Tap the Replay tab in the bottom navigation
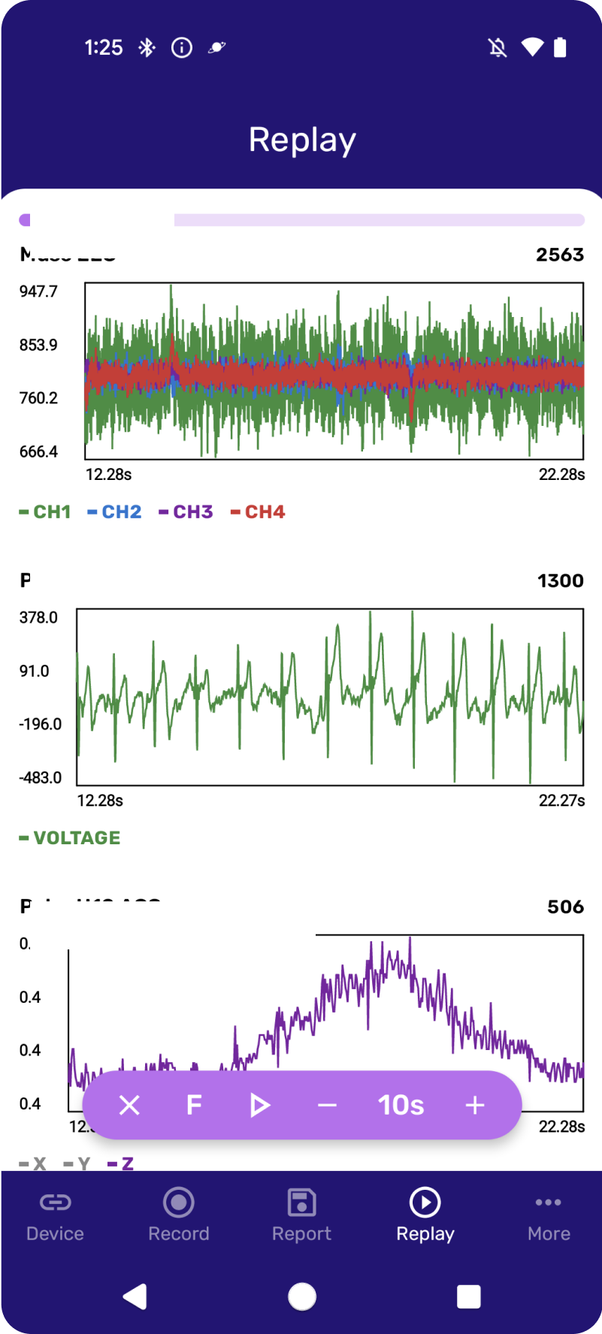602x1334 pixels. (425, 1215)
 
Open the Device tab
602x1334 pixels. (55, 1215)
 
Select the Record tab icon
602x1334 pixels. (179, 1203)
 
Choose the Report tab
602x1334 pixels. (301, 1215)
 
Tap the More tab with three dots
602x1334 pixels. (549, 1215)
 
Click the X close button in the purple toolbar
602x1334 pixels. (129, 1105)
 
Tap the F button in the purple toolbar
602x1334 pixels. (194, 1105)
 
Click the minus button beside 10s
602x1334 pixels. (327, 1105)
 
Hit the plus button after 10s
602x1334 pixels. (475, 1105)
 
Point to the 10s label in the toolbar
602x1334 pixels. (401, 1105)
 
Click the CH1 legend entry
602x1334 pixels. (45, 512)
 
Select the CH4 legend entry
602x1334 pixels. (258, 512)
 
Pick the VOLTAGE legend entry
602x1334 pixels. (70, 838)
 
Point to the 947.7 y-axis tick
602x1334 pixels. (38, 291)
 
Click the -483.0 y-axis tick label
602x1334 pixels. (41, 777)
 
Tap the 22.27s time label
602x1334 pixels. (561, 801)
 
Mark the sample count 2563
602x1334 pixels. (560, 255)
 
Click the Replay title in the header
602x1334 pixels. (302, 140)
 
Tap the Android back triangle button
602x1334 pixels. (135, 1296)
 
